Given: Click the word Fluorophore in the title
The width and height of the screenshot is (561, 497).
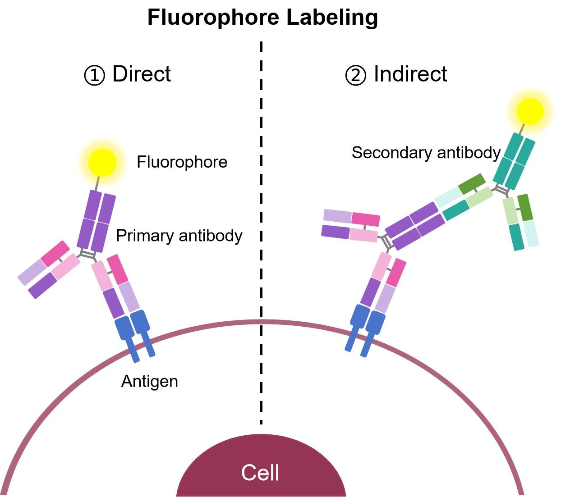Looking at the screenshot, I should tap(214, 18).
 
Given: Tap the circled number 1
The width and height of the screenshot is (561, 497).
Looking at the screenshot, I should tap(94, 75).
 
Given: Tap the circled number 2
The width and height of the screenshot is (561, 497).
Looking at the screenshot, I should tap(355, 75).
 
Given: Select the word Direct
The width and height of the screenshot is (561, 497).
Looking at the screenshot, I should tap(142, 74).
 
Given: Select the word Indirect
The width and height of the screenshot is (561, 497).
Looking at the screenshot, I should tap(410, 74).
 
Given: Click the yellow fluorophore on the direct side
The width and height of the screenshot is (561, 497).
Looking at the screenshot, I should tap(102, 162).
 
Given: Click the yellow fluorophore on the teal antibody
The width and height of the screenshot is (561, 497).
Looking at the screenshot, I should tap(530, 111).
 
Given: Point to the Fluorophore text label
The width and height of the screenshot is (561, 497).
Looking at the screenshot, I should tap(182, 162).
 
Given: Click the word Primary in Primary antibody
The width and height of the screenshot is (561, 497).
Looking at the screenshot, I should tap(145, 236).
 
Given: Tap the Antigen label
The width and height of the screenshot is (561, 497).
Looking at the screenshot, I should tap(149, 382).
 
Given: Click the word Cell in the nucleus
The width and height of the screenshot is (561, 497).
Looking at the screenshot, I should tap(260, 473).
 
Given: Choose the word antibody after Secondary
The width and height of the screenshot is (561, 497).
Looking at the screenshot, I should tap(469, 153).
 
